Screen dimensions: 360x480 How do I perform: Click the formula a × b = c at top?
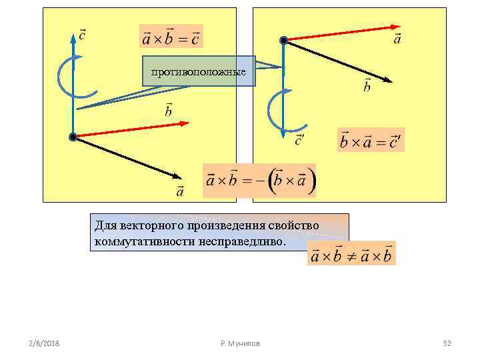coord(171,37)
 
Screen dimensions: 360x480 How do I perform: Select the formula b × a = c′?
coord(371,141)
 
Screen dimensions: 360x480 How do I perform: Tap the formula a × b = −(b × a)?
coord(260,180)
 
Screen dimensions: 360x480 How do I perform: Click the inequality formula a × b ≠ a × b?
coord(351,255)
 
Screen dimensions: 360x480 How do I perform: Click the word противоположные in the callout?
coord(199,71)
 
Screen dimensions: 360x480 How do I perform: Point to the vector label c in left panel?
coord(81,34)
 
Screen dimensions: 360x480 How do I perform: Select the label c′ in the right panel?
coord(300,139)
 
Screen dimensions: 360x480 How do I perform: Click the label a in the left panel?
coord(180,192)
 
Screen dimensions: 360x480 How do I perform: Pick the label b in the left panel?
coord(168,110)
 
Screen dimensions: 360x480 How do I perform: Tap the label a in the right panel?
coord(397,39)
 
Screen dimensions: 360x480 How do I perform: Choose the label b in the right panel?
coord(367,86)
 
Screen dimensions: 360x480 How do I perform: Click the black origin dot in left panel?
coord(73,137)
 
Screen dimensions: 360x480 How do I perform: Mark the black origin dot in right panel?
coord(283,41)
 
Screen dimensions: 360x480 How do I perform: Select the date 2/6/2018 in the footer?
coord(44,343)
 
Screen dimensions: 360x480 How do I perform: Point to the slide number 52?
coord(447,343)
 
